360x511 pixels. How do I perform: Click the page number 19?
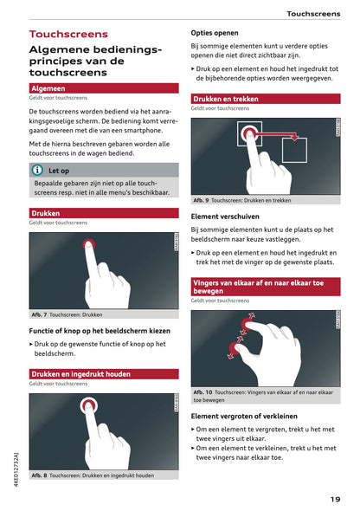[x=334, y=498]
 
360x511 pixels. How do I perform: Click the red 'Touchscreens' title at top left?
[x=68, y=35]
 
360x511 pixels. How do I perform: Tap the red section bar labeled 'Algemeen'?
[x=48, y=88]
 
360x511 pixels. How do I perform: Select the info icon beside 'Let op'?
[x=37, y=171]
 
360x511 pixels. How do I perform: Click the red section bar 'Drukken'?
[x=46, y=212]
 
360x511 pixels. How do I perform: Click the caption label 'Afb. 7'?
[x=39, y=314]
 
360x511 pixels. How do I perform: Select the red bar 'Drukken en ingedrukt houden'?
[x=80, y=374]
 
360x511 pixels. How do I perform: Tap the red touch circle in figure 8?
[x=87, y=405]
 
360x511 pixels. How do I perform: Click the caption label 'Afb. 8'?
[x=39, y=475]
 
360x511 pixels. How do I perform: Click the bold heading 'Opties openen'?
[x=215, y=33]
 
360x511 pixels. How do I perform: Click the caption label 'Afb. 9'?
[x=201, y=200]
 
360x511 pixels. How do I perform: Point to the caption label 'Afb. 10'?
[x=202, y=392]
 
